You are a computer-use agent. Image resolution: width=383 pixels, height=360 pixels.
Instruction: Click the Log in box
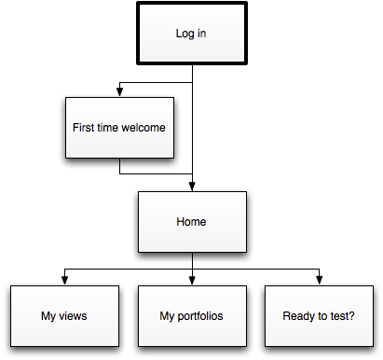click(x=192, y=34)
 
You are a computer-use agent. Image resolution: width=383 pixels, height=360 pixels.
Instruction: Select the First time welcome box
click(x=118, y=128)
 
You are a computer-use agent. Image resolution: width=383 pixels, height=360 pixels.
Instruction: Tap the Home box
click(x=192, y=222)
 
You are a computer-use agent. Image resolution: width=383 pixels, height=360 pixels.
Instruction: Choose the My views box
click(x=64, y=316)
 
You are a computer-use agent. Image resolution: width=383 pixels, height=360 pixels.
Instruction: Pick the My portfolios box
click(x=192, y=316)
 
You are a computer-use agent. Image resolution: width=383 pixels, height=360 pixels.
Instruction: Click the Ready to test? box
click(x=319, y=316)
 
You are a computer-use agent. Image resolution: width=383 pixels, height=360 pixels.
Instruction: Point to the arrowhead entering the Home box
click(x=192, y=187)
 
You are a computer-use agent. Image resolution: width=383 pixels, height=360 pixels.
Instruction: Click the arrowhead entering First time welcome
click(x=119, y=92)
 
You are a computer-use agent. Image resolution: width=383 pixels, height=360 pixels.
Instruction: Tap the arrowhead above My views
click(x=64, y=281)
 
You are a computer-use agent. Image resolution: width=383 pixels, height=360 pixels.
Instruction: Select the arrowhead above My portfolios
click(x=192, y=281)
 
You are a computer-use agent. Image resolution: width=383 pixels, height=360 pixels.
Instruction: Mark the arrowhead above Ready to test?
click(x=320, y=281)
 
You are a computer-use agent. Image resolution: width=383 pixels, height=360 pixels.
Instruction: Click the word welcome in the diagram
click(x=144, y=128)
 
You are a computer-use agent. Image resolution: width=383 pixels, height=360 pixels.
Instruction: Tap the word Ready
click(x=298, y=316)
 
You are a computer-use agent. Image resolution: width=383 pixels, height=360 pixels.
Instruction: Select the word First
click(x=84, y=128)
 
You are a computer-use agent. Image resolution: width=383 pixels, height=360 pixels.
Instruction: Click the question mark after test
click(x=352, y=316)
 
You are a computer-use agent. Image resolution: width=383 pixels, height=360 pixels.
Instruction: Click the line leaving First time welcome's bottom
click(x=119, y=166)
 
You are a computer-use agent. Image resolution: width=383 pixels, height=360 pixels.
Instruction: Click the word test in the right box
click(x=339, y=316)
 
